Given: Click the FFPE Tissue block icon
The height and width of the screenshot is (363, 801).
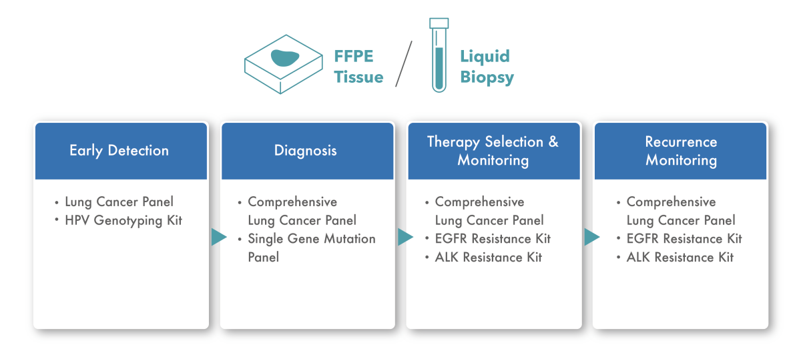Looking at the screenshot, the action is coord(284,64).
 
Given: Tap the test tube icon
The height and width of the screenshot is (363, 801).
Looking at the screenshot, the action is coord(439,55).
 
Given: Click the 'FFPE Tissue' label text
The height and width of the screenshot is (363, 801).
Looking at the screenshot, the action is coord(358,67).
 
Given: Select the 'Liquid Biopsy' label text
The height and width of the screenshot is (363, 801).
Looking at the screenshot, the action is coord(487,67).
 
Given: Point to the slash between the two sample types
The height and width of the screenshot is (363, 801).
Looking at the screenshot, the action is coord(404,63).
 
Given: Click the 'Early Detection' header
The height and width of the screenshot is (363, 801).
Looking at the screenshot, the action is coord(119,151).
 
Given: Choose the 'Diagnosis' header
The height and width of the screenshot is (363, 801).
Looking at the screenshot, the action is coord(306,151).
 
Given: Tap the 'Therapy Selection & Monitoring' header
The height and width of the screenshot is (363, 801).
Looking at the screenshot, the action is coord(493,151).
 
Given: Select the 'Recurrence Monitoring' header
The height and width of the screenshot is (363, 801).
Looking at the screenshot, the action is coord(681,151).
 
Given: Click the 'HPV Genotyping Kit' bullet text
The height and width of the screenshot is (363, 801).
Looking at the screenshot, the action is coord(123,220).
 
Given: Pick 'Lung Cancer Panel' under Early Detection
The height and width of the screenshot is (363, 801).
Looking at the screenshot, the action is coord(119,202).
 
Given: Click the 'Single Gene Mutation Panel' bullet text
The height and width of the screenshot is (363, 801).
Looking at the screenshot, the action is coord(312,248).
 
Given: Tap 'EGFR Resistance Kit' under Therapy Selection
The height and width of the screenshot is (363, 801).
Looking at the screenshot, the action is coord(493,238).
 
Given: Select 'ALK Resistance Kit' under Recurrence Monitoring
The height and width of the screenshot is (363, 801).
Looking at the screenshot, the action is coord(680,257).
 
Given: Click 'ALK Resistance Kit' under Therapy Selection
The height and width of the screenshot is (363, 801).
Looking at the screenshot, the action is coord(488,257).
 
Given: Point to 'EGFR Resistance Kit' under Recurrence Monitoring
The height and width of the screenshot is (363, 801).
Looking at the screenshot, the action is coord(684,238).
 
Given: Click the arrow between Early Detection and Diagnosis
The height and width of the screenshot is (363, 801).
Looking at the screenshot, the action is coord(219,237).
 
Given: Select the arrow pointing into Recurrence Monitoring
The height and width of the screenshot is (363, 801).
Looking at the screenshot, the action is coord(592,237).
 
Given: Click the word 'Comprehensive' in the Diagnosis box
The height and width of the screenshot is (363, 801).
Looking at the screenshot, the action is coord(292,202).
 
